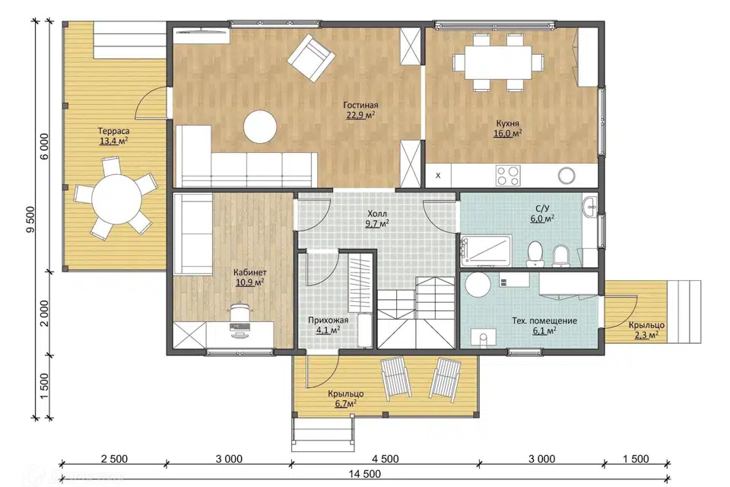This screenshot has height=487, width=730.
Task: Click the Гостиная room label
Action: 360,105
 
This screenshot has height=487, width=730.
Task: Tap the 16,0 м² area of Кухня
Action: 507,133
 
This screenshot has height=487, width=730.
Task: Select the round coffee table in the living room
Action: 260,126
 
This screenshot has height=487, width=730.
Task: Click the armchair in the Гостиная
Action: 311,57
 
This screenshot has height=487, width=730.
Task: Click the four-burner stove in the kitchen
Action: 508,176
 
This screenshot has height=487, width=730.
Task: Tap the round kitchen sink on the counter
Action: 567,176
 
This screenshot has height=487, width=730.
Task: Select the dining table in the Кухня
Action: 498,62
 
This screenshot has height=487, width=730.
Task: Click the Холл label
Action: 377,214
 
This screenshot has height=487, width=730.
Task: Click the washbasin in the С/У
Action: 590,206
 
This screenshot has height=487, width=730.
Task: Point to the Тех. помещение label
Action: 544,320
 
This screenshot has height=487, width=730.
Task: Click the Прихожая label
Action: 328,320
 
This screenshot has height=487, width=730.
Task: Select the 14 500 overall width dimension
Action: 365,474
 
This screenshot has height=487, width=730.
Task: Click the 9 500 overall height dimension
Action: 31,219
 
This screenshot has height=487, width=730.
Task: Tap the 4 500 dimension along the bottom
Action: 386,459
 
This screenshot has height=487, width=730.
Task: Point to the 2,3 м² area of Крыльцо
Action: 646,335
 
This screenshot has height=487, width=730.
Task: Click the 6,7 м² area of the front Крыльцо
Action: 346,403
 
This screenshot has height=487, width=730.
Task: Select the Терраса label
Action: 113,131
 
